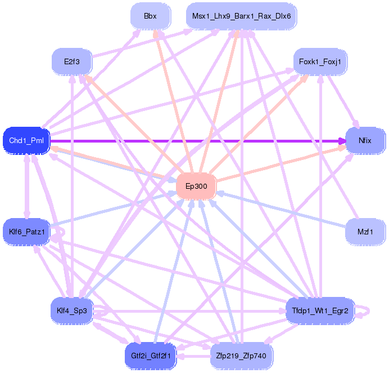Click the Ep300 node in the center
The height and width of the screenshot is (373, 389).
click(196, 186)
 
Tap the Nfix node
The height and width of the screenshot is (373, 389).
click(365, 140)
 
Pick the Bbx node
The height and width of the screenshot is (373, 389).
click(150, 16)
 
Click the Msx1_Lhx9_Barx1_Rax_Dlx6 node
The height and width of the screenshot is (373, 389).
click(241, 16)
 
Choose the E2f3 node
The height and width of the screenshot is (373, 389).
click(71, 61)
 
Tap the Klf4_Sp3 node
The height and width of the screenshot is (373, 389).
click(71, 310)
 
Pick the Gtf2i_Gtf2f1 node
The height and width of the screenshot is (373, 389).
click(151, 356)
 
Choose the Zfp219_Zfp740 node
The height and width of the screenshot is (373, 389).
click(241, 356)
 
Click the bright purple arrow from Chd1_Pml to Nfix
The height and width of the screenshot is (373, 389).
click(197, 140)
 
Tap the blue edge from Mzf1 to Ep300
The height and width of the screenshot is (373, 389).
click(281, 209)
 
